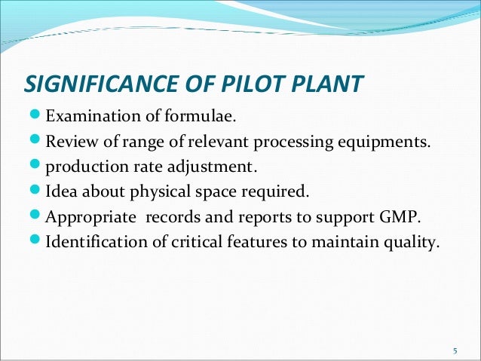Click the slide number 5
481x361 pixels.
click(x=455, y=351)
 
